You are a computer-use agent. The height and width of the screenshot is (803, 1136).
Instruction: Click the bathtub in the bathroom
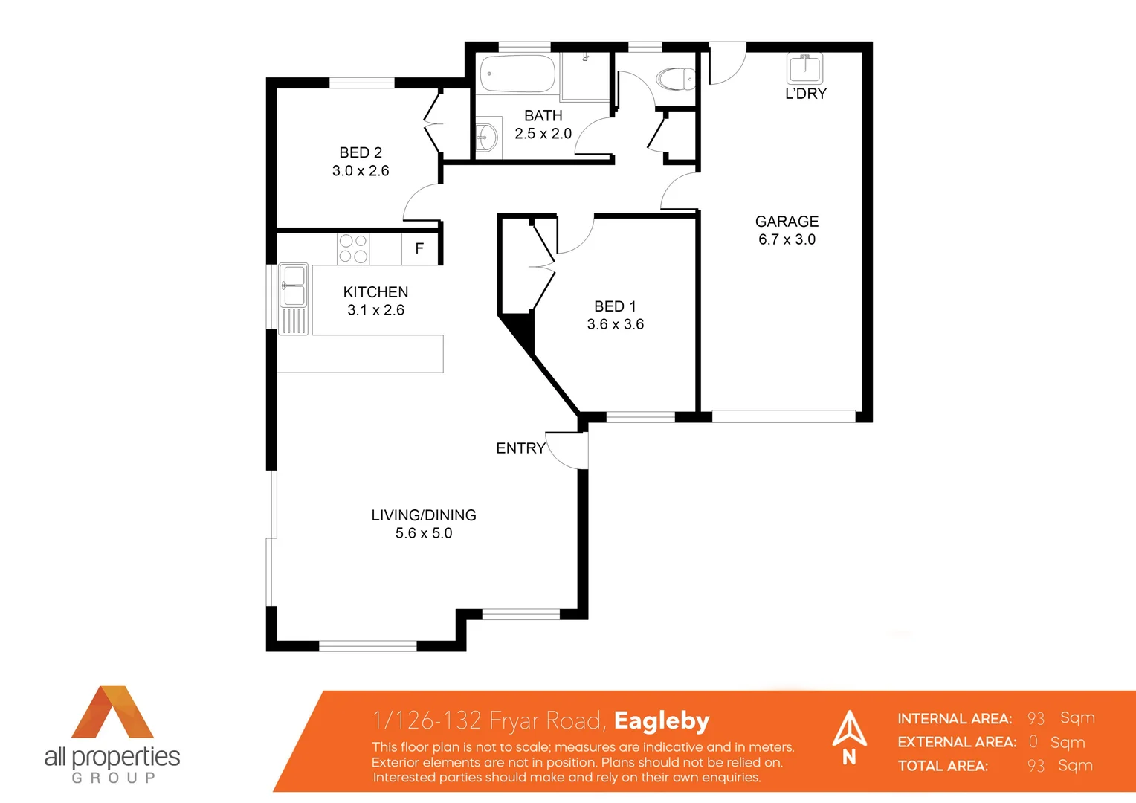pyautogui.click(x=517, y=74)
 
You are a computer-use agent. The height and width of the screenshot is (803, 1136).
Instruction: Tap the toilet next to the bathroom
pyautogui.click(x=675, y=78)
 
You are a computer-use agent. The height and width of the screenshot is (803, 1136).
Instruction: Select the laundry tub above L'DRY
pyautogui.click(x=804, y=68)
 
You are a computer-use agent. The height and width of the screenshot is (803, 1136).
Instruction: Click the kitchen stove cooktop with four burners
pyautogui.click(x=353, y=249)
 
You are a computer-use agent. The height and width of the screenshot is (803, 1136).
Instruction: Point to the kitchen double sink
pyautogui.click(x=293, y=286)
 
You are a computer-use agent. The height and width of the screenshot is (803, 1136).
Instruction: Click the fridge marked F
pyautogui.click(x=419, y=249)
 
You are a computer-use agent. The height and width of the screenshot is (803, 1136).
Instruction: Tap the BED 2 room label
pyautogui.click(x=361, y=152)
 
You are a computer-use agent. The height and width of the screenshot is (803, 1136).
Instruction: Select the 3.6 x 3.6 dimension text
pyautogui.click(x=616, y=324)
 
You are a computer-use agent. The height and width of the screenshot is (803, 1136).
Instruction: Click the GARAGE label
pyautogui.click(x=787, y=222)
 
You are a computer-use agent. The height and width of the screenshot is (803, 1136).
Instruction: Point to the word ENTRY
pyautogui.click(x=520, y=448)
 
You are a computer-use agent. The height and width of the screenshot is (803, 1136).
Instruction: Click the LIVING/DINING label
pyautogui.click(x=424, y=515)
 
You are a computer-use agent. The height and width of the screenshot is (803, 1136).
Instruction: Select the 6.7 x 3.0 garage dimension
pyautogui.click(x=787, y=239)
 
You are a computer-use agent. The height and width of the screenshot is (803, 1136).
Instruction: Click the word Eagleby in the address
pyautogui.click(x=662, y=720)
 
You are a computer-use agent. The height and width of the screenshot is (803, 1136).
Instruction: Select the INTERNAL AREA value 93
pyautogui.click(x=1036, y=718)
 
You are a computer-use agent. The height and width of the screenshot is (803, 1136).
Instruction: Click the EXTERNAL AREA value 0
pyautogui.click(x=1033, y=742)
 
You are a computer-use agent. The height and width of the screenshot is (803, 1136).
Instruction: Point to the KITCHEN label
pyautogui.click(x=375, y=292)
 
